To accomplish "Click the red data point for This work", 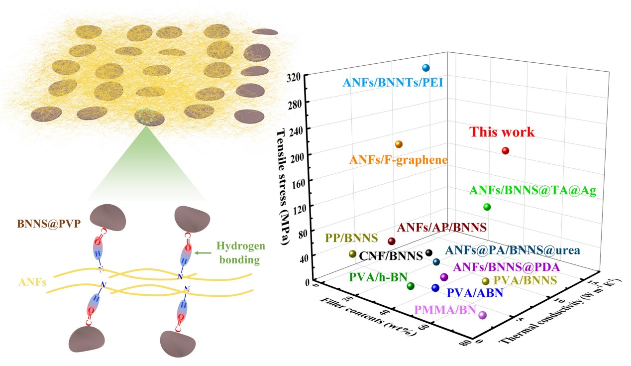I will pyautogui.click(x=506, y=151).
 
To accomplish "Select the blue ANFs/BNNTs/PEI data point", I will pyautogui.click(x=425, y=68).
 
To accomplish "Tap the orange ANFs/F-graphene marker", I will pyautogui.click(x=399, y=144).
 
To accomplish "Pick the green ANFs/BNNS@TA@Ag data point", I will pyautogui.click(x=487, y=207).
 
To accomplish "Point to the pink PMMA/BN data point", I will pyautogui.click(x=482, y=315).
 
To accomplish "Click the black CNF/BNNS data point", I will pyautogui.click(x=429, y=253).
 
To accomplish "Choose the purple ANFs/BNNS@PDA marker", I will pyautogui.click(x=444, y=277).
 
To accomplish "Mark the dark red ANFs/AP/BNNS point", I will pyautogui.click(x=391, y=241).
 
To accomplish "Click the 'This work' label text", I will pyautogui.click(x=503, y=132).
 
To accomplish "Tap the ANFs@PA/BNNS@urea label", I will pyautogui.click(x=513, y=250).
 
